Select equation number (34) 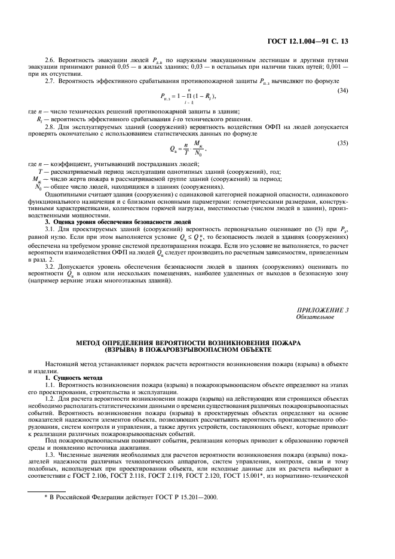(343, 90)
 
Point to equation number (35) (343, 143)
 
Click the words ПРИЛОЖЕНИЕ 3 (322, 310)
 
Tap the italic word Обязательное (313, 317)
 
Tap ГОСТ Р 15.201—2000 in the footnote (194, 497)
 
